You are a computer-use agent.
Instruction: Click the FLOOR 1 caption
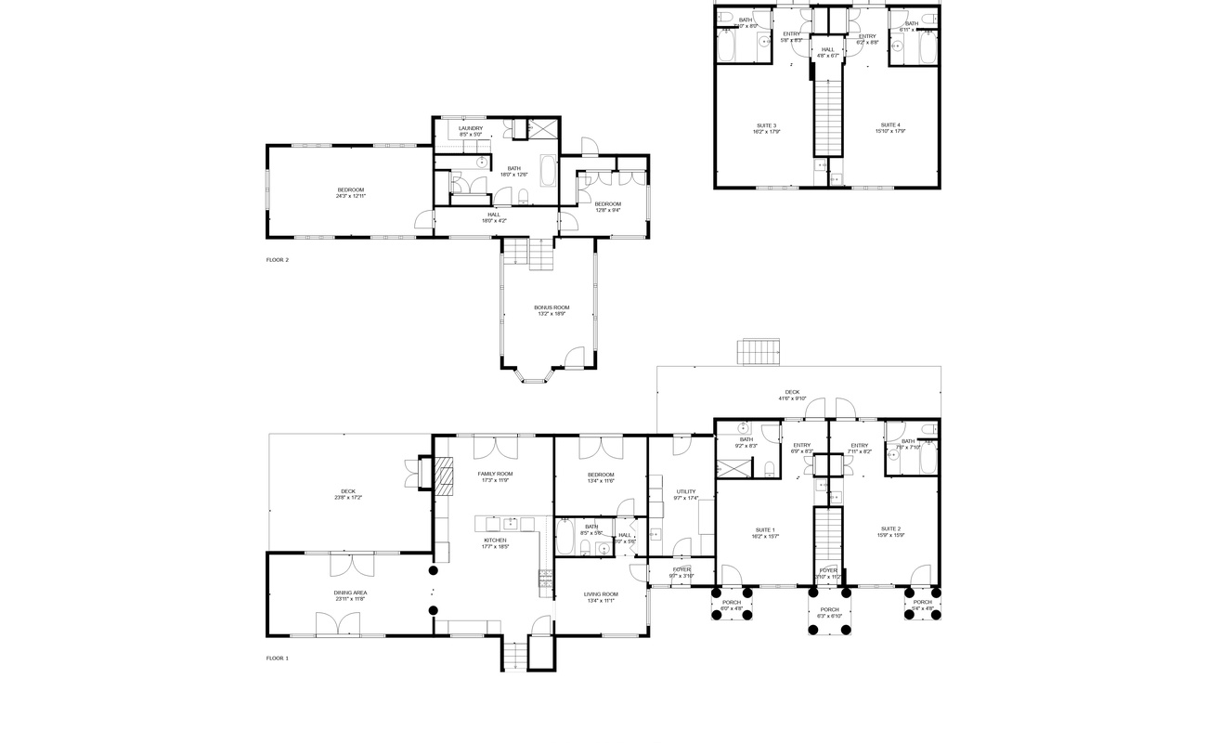(x=277, y=658)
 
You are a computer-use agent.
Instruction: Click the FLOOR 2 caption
(x=277, y=260)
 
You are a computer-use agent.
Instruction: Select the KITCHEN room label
(x=495, y=540)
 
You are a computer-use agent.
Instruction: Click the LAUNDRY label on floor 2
(x=470, y=128)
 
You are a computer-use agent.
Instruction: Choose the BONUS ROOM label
(x=552, y=307)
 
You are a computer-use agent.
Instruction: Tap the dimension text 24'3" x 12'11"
(x=351, y=196)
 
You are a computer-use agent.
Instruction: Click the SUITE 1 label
(x=766, y=529)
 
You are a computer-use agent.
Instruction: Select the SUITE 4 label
(x=889, y=124)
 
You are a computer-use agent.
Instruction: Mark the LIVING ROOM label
(x=601, y=593)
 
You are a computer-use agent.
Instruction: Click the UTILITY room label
(x=685, y=491)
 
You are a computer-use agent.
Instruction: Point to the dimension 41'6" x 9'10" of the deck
(x=792, y=399)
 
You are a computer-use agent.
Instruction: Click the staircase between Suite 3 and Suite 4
(x=826, y=116)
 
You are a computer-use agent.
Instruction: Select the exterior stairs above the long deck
(x=759, y=353)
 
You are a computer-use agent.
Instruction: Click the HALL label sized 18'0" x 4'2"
(x=494, y=215)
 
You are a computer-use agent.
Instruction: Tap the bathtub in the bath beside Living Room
(x=565, y=537)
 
